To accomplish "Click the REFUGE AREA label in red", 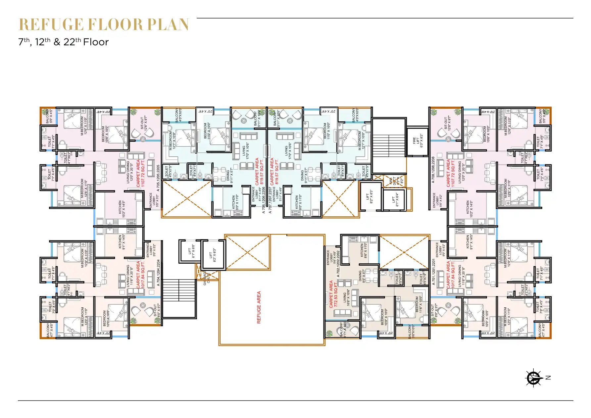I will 259,307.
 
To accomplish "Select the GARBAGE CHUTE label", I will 207,278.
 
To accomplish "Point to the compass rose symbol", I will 533,378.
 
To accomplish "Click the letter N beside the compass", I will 548,378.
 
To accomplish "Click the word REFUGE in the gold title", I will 51,25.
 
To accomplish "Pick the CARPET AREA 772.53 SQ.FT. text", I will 333,294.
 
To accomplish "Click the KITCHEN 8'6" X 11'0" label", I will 364,251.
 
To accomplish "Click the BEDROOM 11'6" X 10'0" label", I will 419,304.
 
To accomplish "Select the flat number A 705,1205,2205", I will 158,178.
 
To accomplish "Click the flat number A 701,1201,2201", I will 434,272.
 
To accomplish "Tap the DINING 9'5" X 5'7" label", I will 362,277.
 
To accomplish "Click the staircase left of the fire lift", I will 389,140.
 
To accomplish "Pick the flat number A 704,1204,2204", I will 158,273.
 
